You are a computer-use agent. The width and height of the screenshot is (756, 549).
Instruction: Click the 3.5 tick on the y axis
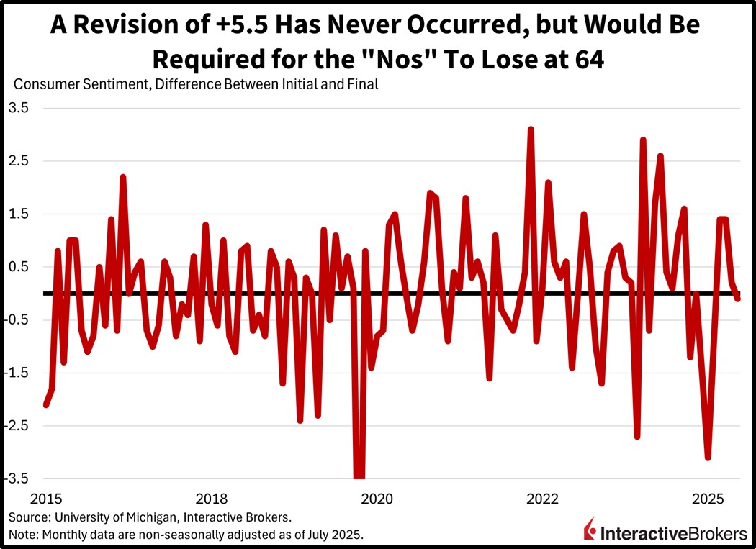point(18,108)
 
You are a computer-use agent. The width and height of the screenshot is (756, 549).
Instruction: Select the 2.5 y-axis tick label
point(18,161)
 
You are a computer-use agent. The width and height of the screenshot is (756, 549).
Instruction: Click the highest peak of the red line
point(531,130)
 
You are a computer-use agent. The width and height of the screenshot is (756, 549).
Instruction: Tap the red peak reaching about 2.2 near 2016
point(123,177)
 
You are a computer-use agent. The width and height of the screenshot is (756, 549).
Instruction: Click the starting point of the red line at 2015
point(46,405)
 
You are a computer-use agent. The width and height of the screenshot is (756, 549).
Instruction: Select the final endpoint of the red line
point(738,298)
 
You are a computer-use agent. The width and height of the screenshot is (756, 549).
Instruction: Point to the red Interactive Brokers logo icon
point(590,530)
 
